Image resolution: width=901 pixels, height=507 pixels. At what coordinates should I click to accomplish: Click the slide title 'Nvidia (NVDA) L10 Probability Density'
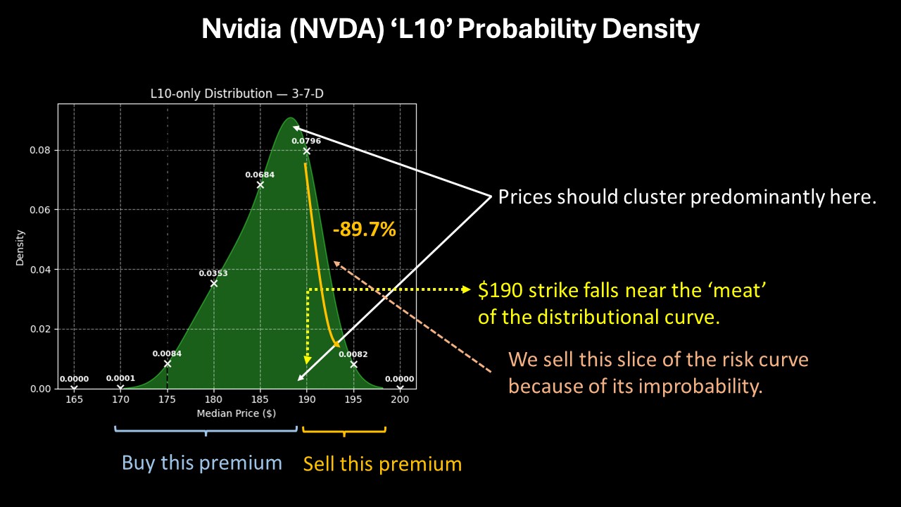[x=450, y=30]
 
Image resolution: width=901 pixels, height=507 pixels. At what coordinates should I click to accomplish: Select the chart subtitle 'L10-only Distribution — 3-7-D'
[x=237, y=94]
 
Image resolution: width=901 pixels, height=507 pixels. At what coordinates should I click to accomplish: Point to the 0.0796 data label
[x=306, y=141]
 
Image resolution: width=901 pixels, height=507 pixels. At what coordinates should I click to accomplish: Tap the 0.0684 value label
[x=260, y=175]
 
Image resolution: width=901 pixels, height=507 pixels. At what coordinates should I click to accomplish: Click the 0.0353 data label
[x=213, y=273]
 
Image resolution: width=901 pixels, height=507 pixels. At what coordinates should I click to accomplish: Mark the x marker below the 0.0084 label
[x=168, y=363]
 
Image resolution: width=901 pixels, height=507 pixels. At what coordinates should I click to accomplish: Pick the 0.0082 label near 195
[x=353, y=354]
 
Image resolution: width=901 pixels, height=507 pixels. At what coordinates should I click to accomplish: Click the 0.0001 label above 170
[x=120, y=378]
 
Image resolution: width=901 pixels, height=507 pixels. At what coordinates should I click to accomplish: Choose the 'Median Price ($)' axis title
[x=236, y=413]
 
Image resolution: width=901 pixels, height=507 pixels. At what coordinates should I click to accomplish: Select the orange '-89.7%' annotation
[x=364, y=229]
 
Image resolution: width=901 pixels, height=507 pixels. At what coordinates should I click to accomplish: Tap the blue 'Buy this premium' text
[x=202, y=463]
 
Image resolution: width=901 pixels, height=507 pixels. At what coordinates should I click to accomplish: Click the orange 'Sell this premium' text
[x=382, y=464]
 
